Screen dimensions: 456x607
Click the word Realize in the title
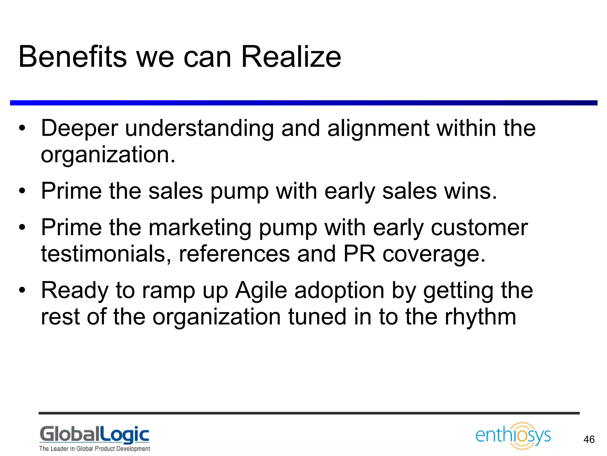[291, 57]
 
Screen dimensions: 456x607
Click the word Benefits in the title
[73, 57]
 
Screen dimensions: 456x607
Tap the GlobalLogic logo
[95, 435]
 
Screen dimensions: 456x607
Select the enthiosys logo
[513, 436]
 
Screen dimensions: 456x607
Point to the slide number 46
[589, 439]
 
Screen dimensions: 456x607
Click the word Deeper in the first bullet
[79, 129]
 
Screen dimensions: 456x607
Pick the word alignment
[378, 129]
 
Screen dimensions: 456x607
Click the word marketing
[200, 228]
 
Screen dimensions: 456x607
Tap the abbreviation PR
[359, 254]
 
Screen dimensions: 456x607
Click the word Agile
[261, 290]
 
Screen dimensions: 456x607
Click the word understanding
[199, 129]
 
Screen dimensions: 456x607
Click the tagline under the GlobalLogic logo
[95, 448]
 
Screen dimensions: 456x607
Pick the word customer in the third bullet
[479, 228]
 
